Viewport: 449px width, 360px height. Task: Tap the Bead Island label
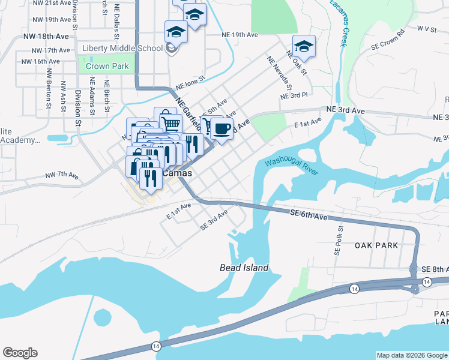click(x=244, y=268)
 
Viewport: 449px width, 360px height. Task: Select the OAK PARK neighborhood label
click(x=376, y=245)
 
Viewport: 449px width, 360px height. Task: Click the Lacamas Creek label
click(x=339, y=24)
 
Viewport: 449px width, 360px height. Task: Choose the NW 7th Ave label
click(x=62, y=176)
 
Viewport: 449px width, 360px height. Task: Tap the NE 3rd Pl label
click(x=294, y=95)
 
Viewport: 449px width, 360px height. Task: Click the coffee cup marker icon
click(x=221, y=128)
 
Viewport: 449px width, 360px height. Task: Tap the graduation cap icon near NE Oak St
click(x=304, y=46)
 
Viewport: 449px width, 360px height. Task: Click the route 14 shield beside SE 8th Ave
click(x=426, y=281)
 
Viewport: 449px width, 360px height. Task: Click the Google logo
click(x=20, y=353)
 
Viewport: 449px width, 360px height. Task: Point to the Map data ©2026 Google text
click(x=412, y=355)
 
